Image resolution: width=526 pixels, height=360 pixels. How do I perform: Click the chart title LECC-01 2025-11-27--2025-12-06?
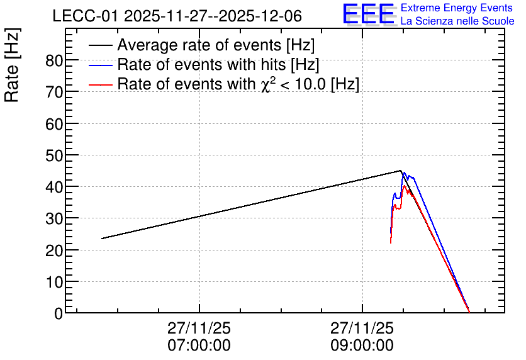[177, 16]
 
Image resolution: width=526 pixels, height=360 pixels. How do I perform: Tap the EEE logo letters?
[368, 14]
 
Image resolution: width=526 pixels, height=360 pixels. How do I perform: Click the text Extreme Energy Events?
[457, 8]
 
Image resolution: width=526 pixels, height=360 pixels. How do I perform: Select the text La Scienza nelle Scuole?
[457, 21]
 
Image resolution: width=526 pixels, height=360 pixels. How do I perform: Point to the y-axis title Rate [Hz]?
[12, 65]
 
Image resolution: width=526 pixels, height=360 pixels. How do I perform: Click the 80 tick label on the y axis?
[54, 61]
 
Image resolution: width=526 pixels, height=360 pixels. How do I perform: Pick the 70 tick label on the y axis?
[54, 93]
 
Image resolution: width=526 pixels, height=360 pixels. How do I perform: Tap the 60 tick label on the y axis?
[54, 125]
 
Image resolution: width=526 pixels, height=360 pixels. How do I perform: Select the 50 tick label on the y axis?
[54, 156]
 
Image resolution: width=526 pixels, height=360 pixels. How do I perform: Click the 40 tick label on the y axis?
[54, 188]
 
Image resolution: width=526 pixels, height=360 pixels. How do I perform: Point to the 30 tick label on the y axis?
[54, 219]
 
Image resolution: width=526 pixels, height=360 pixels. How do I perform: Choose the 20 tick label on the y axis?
[54, 251]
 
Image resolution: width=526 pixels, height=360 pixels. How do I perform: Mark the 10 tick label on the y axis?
[54, 283]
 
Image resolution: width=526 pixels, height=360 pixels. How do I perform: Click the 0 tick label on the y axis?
[59, 313]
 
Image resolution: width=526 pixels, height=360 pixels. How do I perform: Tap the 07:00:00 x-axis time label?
[199, 346]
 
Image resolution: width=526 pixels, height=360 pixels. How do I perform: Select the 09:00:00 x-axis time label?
[362, 346]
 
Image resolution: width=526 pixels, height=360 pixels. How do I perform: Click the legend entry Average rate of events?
[201, 45]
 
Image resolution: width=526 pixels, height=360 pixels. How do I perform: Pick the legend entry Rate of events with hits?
[204, 64]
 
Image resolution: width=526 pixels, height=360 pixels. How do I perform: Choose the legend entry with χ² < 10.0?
[224, 84]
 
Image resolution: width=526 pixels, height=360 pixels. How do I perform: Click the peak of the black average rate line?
[401, 171]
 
